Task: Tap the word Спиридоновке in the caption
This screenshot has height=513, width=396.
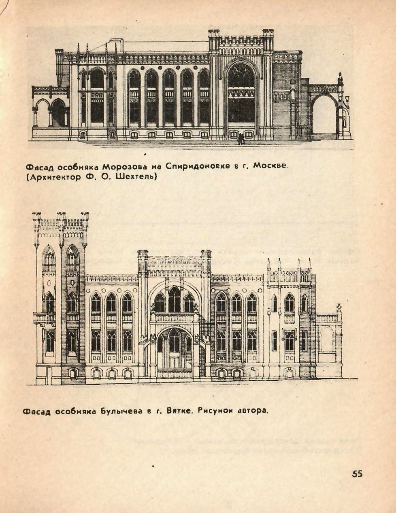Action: click(x=198, y=167)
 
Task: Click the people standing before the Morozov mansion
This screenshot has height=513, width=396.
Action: click(x=241, y=139)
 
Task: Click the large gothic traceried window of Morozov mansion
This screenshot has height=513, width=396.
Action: click(x=241, y=93)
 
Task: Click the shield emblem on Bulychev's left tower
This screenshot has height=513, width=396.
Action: click(x=72, y=283)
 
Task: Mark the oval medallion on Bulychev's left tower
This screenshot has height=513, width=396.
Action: click(x=49, y=283)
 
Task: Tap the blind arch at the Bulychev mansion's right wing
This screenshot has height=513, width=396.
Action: click(x=327, y=339)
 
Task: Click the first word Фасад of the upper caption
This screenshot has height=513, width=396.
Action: click(x=40, y=167)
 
